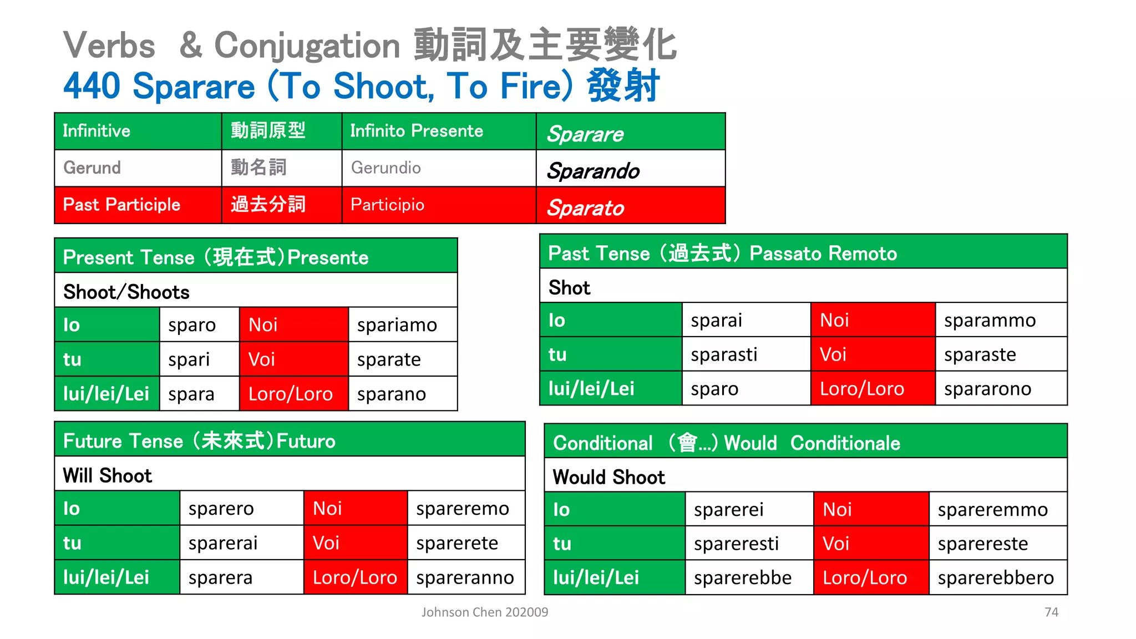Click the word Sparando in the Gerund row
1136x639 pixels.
click(x=593, y=171)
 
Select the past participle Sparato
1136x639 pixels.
click(x=585, y=208)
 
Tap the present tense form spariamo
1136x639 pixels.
click(x=397, y=325)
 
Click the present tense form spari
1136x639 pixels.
click(x=189, y=360)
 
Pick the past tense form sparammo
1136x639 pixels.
click(x=990, y=321)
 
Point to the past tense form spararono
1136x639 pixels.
click(x=987, y=389)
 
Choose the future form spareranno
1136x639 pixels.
click(x=465, y=577)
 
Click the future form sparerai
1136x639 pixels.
click(x=223, y=543)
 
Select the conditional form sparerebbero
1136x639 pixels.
click(x=996, y=578)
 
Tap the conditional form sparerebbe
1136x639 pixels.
click(x=743, y=578)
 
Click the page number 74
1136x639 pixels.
click(x=1051, y=612)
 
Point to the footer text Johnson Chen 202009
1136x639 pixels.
click(x=484, y=612)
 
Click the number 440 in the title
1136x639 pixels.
click(x=92, y=87)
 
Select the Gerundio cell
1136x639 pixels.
click(x=386, y=168)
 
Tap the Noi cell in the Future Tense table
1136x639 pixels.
click(x=327, y=509)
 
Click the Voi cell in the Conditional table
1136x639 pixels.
click(x=836, y=544)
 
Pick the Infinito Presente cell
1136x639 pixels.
click(x=417, y=131)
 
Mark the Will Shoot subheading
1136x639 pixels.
click(x=108, y=476)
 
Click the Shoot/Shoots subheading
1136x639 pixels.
click(x=126, y=292)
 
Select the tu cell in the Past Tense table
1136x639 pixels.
click(x=557, y=354)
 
